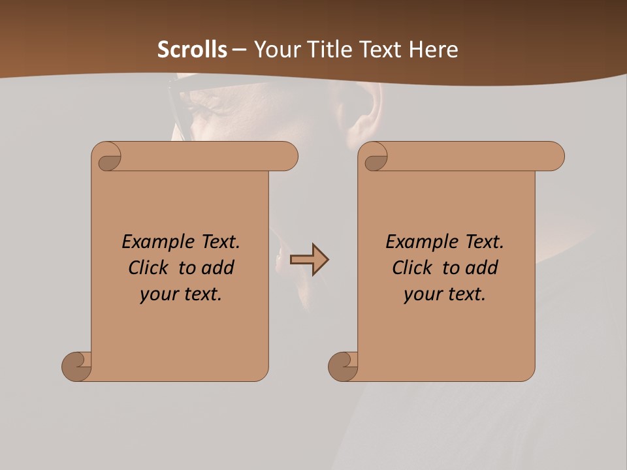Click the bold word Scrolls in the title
[192, 50]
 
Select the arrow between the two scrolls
[309, 260]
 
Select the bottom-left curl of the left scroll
[77, 366]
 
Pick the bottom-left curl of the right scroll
[344, 366]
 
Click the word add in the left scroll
[218, 268]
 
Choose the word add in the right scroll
[482, 268]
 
